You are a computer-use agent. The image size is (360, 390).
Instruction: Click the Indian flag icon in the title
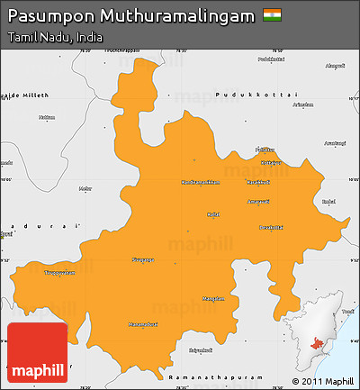[x=271, y=15]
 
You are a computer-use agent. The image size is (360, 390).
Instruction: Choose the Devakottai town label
[x=270, y=227]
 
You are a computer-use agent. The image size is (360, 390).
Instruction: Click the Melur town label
[x=85, y=188]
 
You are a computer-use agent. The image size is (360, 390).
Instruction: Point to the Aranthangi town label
[x=335, y=143]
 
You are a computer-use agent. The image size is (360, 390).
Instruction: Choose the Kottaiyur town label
[x=270, y=163]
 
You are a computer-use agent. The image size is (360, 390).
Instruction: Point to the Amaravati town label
[x=259, y=202]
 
